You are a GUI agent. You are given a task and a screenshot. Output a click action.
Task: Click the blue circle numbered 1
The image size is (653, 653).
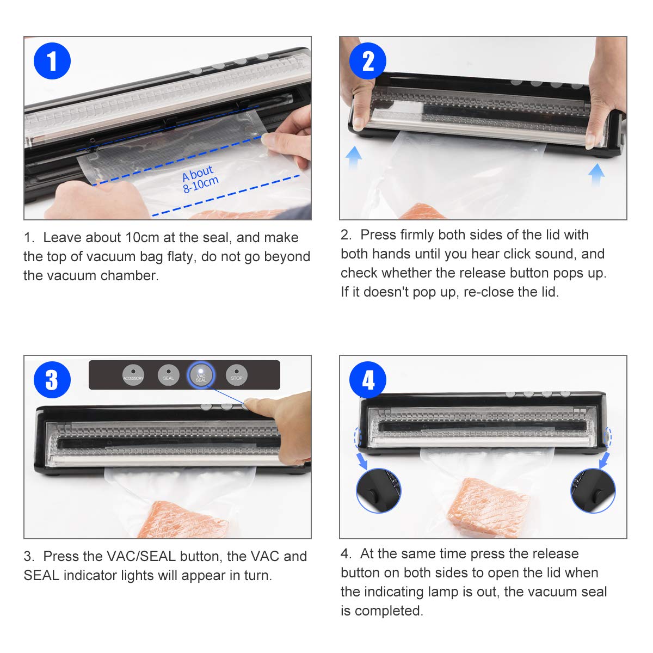tap(52, 61)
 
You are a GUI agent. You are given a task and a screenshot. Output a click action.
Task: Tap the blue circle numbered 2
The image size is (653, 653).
tap(368, 61)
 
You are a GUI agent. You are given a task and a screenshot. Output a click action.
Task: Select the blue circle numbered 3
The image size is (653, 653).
tap(52, 379)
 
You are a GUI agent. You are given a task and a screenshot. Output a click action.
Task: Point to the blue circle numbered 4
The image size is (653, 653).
tap(368, 379)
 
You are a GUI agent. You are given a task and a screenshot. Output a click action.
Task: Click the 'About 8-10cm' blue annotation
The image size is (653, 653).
tap(200, 178)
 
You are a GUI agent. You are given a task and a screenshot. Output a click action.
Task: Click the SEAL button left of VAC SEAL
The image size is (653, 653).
tap(168, 375)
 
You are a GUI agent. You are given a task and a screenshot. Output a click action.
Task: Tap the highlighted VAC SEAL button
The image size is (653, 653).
tap(201, 375)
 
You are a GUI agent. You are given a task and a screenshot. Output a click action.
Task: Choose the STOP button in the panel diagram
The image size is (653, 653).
tap(237, 375)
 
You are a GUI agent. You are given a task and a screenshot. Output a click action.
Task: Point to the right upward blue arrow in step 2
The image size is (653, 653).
tap(596, 174)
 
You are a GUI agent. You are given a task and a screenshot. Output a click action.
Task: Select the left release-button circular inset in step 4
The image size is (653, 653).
tap(379, 490)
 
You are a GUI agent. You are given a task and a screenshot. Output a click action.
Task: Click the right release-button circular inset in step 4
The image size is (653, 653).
tap(593, 490)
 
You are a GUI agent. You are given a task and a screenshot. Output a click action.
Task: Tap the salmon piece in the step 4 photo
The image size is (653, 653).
tap(488, 507)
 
